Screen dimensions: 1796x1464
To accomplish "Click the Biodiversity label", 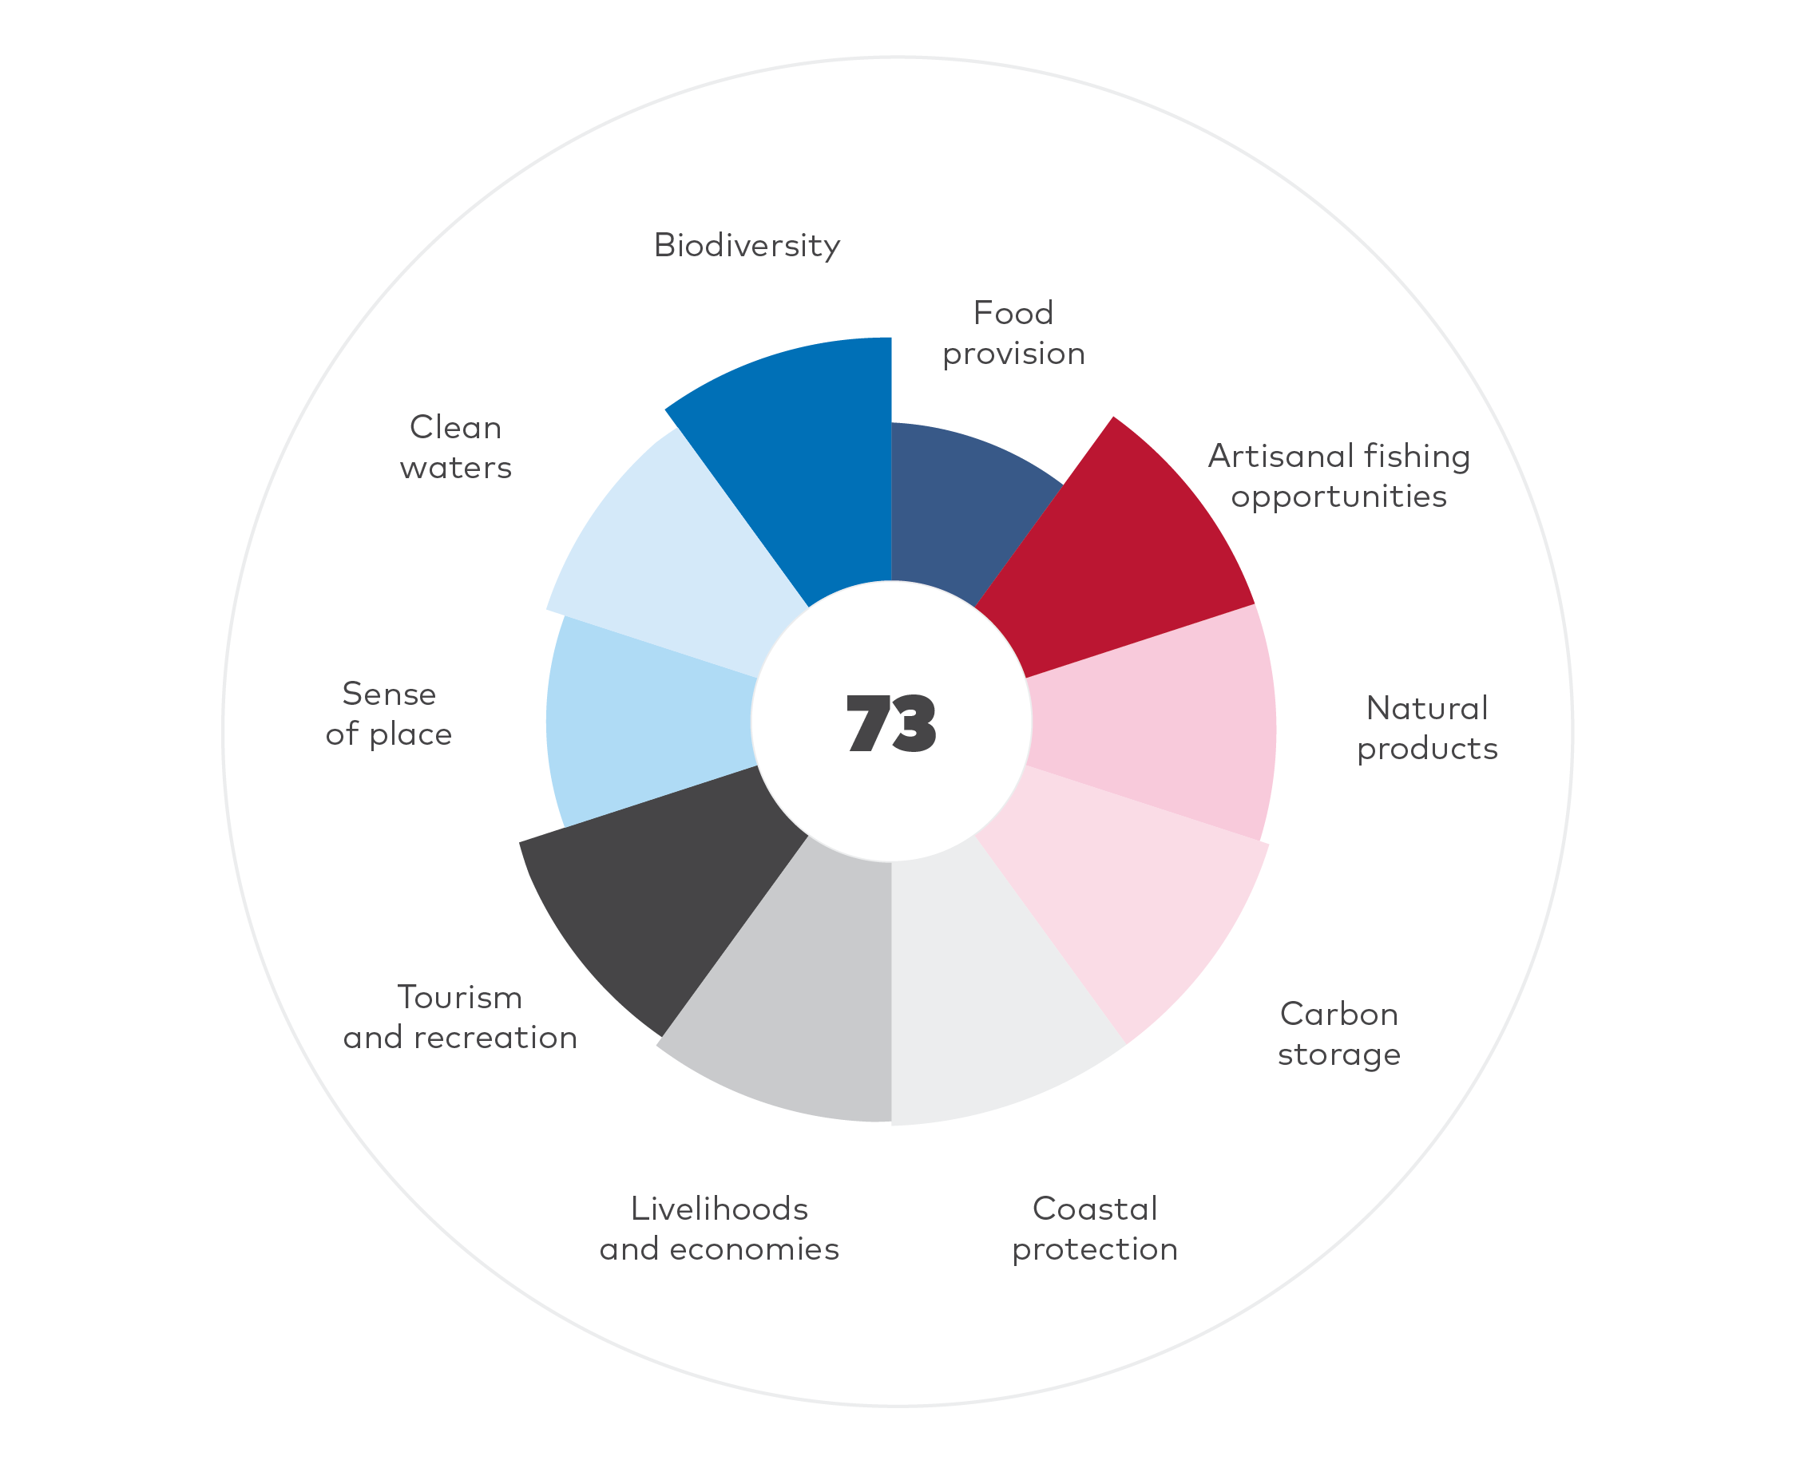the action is click(x=747, y=245).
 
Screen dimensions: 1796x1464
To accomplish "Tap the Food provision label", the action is click(x=1013, y=333).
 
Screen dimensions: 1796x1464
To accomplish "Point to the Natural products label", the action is click(x=1426, y=728).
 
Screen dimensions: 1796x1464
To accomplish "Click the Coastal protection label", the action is click(x=1095, y=1229).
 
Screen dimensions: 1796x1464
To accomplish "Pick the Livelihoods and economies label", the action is click(x=720, y=1229).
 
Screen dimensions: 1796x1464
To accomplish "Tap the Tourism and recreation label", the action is click(x=460, y=1017).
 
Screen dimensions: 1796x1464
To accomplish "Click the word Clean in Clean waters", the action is click(x=455, y=428).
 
